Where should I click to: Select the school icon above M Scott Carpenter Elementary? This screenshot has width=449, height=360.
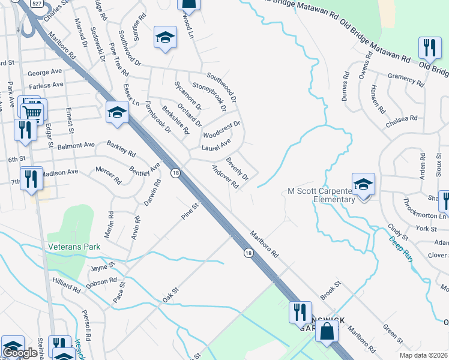363,185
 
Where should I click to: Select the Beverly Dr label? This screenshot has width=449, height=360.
237,169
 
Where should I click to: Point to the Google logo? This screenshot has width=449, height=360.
20,353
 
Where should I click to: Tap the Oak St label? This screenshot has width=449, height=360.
171,295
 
